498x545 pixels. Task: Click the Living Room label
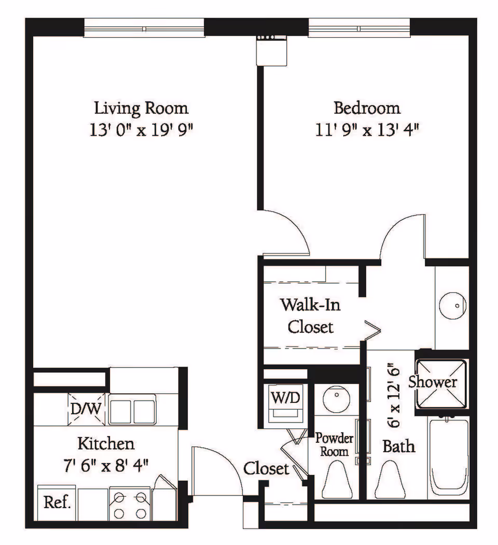141,108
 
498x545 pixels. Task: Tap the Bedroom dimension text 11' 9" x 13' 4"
367,130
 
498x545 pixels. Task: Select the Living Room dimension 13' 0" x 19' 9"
141,130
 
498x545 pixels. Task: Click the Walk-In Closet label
311,316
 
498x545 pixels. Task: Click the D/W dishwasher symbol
86,409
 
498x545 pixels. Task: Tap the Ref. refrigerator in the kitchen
57,503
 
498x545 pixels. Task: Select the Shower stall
441,384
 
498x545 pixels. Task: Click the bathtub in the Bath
448,457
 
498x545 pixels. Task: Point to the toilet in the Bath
390,480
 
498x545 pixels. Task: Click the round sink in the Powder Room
336,399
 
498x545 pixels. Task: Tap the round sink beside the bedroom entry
452,306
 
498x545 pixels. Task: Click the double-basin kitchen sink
132,409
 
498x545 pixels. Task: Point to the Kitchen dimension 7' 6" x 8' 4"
106,466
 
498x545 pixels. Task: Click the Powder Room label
334,444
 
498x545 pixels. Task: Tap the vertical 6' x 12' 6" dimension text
394,396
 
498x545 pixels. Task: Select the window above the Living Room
144,28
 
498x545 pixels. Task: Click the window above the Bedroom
359,28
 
